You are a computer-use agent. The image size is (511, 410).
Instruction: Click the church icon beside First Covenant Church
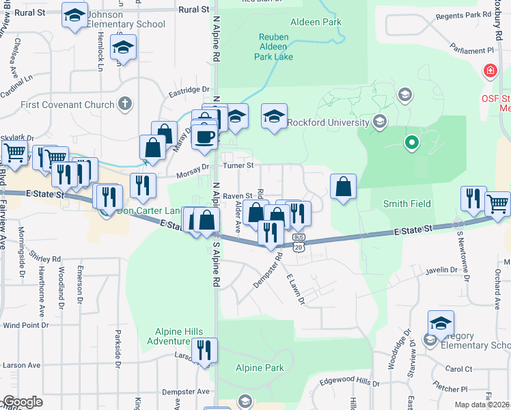124,105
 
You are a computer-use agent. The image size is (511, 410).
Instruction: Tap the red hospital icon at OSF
489,71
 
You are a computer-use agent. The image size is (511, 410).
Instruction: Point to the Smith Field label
406,204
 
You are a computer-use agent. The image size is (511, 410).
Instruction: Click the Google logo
22,402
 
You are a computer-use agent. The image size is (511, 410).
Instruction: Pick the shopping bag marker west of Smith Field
343,187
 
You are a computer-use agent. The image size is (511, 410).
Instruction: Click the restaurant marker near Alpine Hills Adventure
204,351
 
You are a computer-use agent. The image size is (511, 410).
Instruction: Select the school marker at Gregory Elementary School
441,324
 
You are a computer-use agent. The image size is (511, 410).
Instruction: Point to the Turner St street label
239,165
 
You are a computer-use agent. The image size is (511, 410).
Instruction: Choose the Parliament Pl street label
471,50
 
